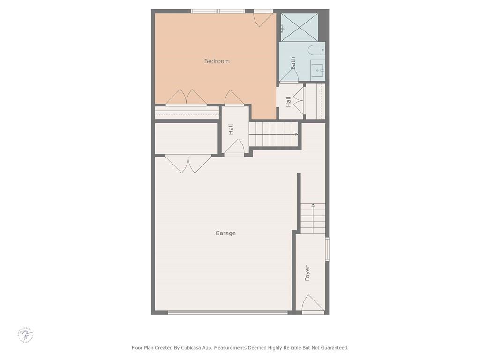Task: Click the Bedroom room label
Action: [x=217, y=61]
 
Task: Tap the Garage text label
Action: [x=225, y=233]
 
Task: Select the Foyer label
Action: [x=307, y=273]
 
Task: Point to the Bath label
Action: [x=293, y=63]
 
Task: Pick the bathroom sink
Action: [x=318, y=71]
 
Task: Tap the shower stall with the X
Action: [x=300, y=27]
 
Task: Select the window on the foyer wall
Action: [x=327, y=249]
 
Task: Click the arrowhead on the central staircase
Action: [x=296, y=134]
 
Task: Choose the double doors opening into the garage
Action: [x=188, y=164]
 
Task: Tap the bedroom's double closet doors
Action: [x=186, y=97]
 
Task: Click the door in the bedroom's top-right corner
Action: [x=263, y=18]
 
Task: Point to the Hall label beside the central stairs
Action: [x=231, y=129]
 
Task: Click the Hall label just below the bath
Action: [x=288, y=101]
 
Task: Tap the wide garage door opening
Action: [x=228, y=312]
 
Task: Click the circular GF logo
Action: [x=26, y=335]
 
